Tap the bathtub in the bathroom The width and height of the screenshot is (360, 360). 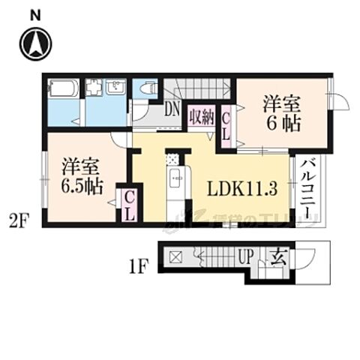coord(64,89)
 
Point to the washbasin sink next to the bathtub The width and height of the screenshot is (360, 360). coord(118,88)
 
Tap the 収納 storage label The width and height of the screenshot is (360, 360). coord(202,117)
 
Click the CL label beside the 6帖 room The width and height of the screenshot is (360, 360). coord(227,127)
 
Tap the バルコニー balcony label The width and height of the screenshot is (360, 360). coord(308,188)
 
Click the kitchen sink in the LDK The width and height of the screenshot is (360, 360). coord(175,178)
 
